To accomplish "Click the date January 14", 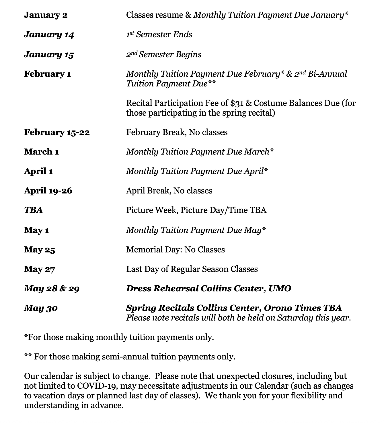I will (49, 35).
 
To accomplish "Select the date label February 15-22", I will (57, 132).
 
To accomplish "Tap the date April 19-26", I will (48, 191).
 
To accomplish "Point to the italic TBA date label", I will (33, 210).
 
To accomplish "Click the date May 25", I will (39, 250).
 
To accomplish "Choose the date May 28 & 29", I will (52, 288).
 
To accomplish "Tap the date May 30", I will (41, 308).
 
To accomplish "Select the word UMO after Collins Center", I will (280, 288).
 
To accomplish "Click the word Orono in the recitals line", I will (277, 308).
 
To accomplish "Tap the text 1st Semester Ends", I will (159, 35).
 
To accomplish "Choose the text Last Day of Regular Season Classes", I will (192, 269).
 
